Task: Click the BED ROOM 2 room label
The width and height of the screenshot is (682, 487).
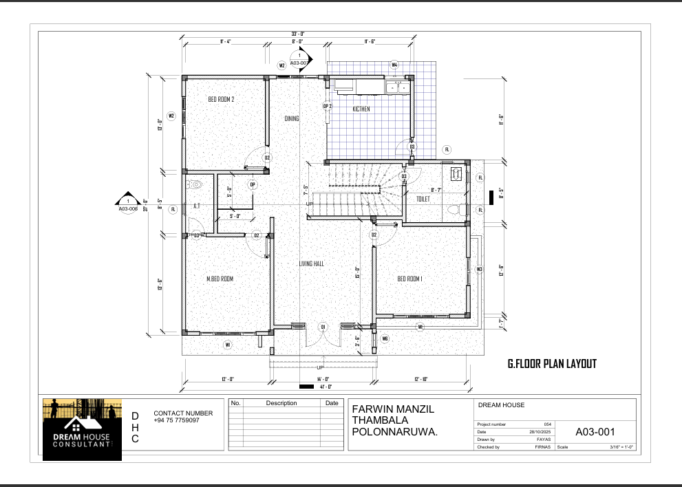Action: coord(221,100)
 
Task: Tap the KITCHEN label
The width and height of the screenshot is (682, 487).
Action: coord(361,109)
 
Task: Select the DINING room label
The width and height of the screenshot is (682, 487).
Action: coord(292,118)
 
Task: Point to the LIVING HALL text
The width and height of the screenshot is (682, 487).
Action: coord(311,263)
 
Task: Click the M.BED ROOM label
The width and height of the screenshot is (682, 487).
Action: coord(220,279)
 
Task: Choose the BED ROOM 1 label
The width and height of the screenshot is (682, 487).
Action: coord(409,279)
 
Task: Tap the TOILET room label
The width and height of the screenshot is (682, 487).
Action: coord(423,198)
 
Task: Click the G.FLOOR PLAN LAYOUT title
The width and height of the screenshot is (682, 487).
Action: coord(551,364)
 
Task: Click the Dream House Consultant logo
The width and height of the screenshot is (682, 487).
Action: coord(82,429)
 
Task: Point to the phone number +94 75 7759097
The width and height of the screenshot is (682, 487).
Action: coord(176,420)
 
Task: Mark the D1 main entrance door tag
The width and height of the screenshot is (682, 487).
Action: coord(322,326)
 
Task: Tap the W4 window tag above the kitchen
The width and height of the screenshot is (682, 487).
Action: coord(394,65)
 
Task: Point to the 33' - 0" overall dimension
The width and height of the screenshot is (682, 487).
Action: coord(297,34)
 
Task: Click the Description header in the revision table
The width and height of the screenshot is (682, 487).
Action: coord(281,403)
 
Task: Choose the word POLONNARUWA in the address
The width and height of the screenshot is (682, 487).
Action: coord(394,432)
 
